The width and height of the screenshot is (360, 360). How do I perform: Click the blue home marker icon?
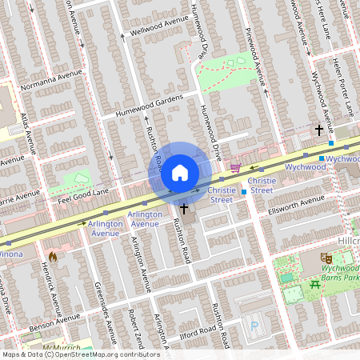click(180, 172)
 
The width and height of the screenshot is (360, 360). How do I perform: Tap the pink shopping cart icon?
click(235, 167)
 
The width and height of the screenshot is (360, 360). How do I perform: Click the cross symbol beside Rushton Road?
click(185, 209)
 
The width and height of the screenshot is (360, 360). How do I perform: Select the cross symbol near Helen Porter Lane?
click(318, 130)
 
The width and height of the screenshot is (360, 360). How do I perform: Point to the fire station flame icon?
click(53, 257)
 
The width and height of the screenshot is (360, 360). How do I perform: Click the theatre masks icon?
click(326, 258)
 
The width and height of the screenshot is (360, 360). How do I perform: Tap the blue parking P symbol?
click(255, 326)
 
